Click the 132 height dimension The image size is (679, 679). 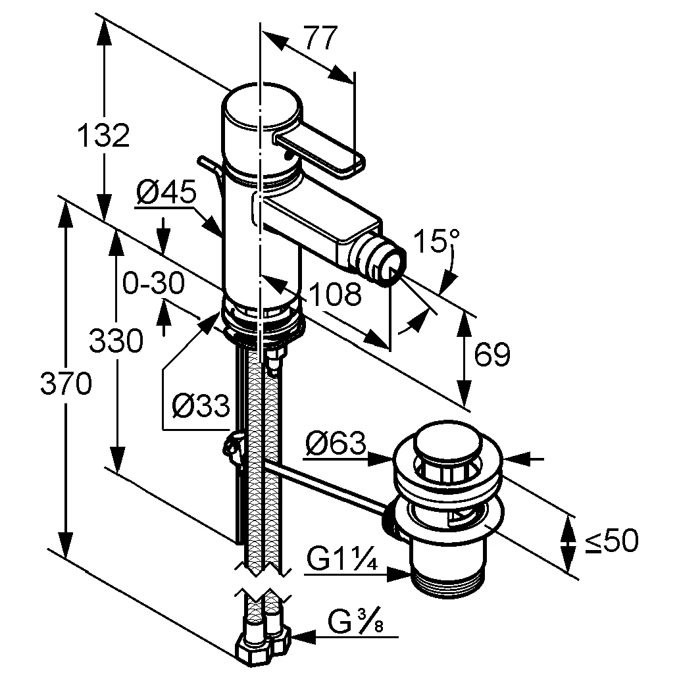[103, 136]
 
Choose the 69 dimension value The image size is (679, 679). [491, 355]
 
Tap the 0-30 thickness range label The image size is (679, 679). [153, 284]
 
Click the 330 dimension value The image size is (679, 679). [116, 341]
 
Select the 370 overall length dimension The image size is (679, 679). [65, 384]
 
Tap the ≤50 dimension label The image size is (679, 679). [611, 541]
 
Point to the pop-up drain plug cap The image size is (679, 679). [447, 442]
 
